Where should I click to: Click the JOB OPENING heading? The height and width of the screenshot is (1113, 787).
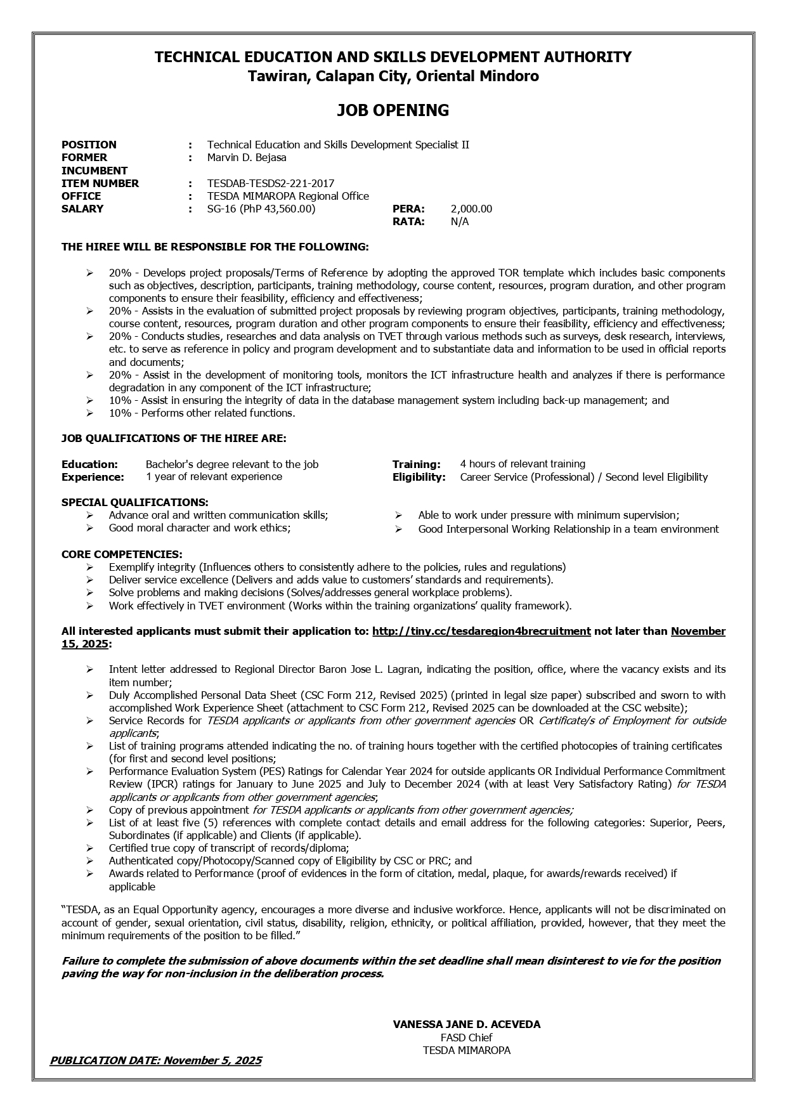[x=393, y=110]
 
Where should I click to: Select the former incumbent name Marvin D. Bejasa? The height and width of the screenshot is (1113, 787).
[x=247, y=157]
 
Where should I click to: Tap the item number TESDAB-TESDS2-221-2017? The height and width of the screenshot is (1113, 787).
[x=270, y=183]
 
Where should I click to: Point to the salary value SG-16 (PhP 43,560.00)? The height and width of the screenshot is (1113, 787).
[x=261, y=209]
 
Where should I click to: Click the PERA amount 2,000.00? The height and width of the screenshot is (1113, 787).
[x=471, y=209]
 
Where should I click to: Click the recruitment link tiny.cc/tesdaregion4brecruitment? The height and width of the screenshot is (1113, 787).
[x=481, y=631]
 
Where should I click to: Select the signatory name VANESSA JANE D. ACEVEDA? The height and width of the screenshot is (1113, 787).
[x=466, y=1024]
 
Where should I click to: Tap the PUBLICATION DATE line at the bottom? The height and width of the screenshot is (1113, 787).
[x=155, y=1060]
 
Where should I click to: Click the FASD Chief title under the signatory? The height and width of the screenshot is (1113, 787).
[x=466, y=1038]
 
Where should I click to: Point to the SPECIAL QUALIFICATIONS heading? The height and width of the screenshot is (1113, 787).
[x=134, y=502]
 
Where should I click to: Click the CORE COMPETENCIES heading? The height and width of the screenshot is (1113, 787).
[x=122, y=554]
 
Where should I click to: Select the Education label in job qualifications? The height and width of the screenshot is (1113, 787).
[x=89, y=464]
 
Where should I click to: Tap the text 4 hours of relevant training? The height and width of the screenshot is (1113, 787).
[x=523, y=464]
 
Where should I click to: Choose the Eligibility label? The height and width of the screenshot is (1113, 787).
[x=419, y=477]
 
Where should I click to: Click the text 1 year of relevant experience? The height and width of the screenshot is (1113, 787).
[x=214, y=477]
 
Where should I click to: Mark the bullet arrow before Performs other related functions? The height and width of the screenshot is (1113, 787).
[x=90, y=413]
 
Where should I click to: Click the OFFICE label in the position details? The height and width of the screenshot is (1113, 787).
[x=81, y=196]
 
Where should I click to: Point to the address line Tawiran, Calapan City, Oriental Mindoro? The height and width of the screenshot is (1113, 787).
[x=393, y=77]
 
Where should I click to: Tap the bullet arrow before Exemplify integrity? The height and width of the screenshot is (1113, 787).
[x=90, y=567]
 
